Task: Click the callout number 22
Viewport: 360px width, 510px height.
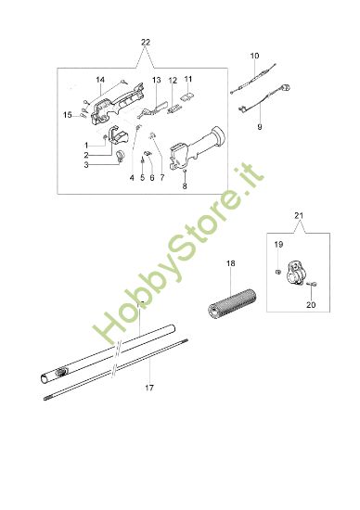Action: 144,44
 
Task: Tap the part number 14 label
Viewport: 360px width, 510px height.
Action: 100,80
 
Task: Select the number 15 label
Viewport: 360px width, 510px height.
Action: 68,114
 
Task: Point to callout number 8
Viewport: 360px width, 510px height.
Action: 185,185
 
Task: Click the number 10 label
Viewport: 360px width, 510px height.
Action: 255,57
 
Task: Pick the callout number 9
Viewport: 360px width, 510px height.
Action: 259,125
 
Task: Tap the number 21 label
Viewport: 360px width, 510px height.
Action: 298,216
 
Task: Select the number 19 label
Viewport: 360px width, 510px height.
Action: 278,244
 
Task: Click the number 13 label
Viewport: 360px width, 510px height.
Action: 157,80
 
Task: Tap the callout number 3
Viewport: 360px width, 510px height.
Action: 85,167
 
